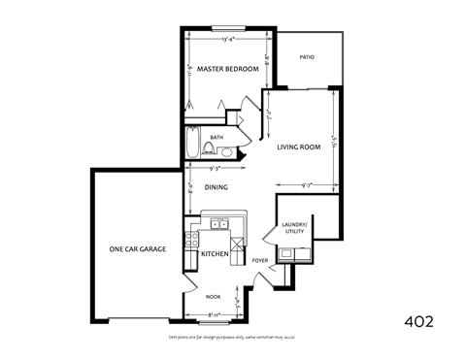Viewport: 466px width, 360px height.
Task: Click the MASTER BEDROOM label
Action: [x=227, y=70]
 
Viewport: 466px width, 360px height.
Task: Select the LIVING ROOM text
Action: [x=298, y=147]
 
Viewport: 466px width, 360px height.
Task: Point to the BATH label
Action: [x=216, y=138]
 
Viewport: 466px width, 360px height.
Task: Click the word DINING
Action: [x=216, y=187]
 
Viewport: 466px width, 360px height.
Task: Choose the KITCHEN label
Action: [x=215, y=253]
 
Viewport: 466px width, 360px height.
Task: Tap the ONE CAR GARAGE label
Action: [x=137, y=249]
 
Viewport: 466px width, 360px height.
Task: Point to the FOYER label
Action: [x=260, y=260]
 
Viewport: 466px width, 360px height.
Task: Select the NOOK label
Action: [x=213, y=297]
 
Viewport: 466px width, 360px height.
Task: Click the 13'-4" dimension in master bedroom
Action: [x=229, y=40]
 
